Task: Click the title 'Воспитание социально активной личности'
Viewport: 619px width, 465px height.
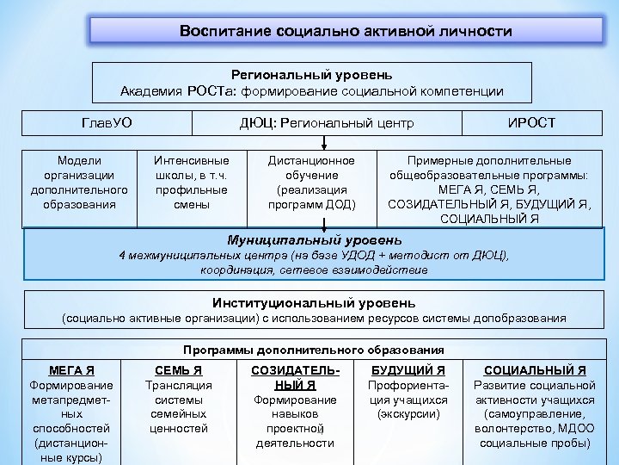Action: click(x=346, y=31)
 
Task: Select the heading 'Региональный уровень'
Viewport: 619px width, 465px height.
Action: click(x=311, y=75)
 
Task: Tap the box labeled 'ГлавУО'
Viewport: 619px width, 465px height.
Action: click(x=107, y=123)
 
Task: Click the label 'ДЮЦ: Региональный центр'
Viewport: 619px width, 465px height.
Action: click(x=326, y=123)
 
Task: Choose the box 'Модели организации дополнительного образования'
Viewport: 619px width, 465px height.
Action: click(x=79, y=182)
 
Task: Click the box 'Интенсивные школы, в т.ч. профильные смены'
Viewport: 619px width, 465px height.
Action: click(x=191, y=182)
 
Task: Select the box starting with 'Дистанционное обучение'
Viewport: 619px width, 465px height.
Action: click(x=311, y=182)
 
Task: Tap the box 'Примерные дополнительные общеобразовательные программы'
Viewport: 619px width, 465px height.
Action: click(x=489, y=189)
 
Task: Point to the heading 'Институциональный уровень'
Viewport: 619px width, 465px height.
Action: click(x=314, y=303)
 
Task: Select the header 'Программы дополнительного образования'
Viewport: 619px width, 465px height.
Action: click(x=313, y=350)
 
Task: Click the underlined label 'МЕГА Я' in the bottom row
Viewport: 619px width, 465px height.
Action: click(x=72, y=370)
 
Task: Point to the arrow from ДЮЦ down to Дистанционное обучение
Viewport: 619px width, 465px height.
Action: click(x=323, y=141)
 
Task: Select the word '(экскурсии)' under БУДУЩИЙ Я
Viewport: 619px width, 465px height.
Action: click(x=408, y=414)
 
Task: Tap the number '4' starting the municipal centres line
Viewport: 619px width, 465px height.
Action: click(x=120, y=256)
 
